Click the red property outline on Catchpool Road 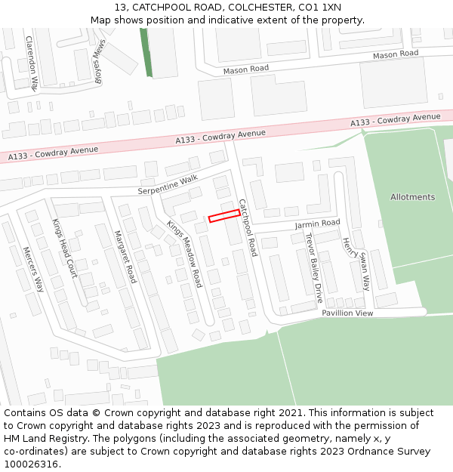click(224, 216)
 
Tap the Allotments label click(412, 197)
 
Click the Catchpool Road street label click(248, 227)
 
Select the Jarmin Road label click(317, 224)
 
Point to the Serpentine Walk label click(167, 184)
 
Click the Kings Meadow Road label click(185, 254)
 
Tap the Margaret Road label click(125, 257)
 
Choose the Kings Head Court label click(64, 248)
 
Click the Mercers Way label click(33, 269)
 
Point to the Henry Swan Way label click(356, 264)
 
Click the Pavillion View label click(347, 313)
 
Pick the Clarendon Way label click(32, 63)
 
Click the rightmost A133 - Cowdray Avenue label click(395, 120)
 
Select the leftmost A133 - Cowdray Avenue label click(54, 153)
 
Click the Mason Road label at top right click(396, 54)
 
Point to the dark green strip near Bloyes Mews click(146, 53)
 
